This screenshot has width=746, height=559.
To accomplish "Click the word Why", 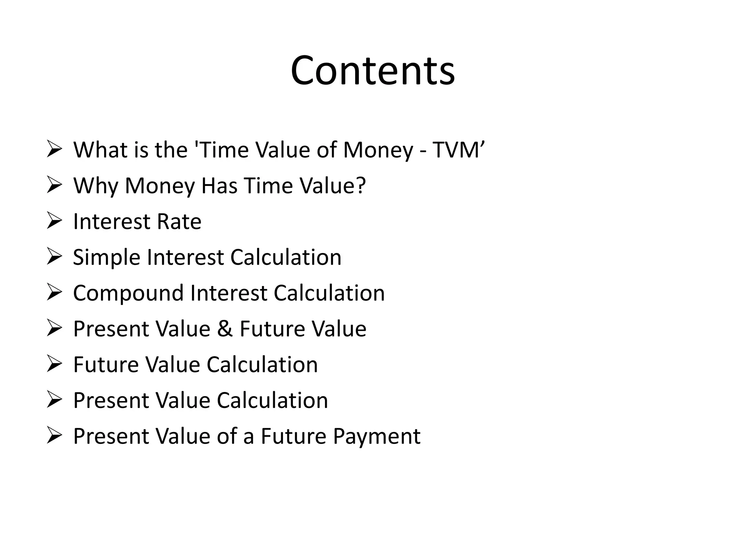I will click(95, 186).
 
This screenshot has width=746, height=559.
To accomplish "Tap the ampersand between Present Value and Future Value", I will click(225, 329).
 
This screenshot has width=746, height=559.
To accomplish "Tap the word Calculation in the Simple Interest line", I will click(286, 257).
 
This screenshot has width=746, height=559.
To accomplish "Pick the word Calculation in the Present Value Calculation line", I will click(272, 400).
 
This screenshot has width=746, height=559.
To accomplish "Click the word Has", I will click(220, 186).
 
